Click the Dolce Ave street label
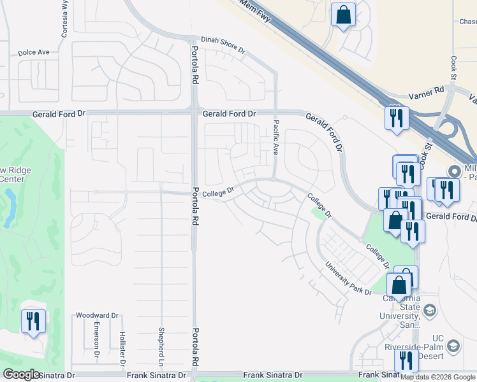[34, 53]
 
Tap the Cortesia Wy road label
[65, 18]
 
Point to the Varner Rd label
[427, 91]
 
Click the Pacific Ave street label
[276, 138]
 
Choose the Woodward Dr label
[98, 315]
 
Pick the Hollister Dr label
[121, 344]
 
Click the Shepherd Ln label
[161, 343]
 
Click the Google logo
[22, 374]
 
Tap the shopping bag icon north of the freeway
[343, 15]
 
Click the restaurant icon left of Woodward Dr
[33, 320]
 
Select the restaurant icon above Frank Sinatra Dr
[406, 359]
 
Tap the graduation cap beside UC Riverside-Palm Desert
[453, 346]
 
